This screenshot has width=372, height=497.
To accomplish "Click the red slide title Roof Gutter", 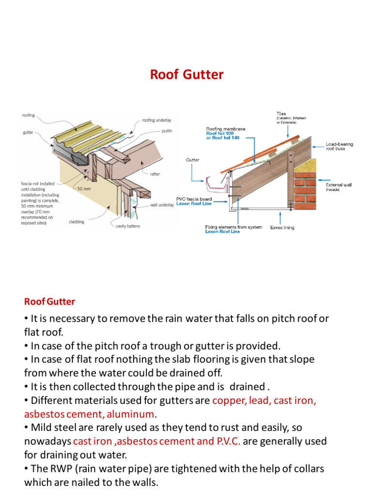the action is [x=186, y=74].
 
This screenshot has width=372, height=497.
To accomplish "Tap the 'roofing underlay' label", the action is [x=156, y=120].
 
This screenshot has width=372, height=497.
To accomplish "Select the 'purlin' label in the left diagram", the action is [x=167, y=131].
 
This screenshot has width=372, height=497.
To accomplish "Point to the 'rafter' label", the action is [x=155, y=174].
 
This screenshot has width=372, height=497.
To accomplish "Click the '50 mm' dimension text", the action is [x=84, y=189].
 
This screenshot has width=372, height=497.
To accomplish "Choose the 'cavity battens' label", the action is [x=128, y=226].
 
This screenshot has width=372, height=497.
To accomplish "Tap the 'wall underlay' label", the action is [x=162, y=205].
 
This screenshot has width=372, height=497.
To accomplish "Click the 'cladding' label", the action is [x=77, y=222].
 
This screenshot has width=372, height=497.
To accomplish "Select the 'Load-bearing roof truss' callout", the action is [x=340, y=146].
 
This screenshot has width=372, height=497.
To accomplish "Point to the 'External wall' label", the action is [x=339, y=185].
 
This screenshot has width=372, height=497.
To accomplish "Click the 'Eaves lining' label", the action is [x=282, y=228].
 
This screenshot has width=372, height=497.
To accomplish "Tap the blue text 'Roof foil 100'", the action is [x=220, y=133].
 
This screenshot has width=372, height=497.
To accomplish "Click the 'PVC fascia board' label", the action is [x=194, y=199].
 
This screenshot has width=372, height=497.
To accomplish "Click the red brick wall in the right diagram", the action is [x=305, y=191].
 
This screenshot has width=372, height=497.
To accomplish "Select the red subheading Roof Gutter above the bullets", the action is [x=50, y=301].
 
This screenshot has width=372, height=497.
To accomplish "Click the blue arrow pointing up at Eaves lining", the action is [x=280, y=218].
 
